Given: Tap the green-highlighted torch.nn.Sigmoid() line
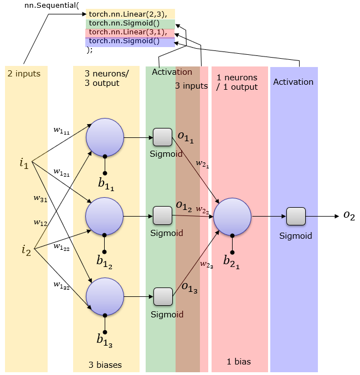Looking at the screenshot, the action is [124, 23].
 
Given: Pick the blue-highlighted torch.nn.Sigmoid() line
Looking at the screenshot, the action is [124, 41].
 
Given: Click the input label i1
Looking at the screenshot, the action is [24, 163].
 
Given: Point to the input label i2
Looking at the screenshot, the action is [27, 250].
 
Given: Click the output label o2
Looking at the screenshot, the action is [349, 215].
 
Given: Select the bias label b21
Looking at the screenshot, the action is [232, 262].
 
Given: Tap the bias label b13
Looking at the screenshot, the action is [105, 340].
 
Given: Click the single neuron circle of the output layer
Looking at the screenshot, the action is [232, 217].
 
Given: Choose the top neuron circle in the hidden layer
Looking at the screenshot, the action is [105, 137].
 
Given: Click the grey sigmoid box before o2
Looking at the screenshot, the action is [296, 217].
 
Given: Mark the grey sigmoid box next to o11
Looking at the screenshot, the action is [162, 137].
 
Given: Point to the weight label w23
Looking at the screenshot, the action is [207, 265].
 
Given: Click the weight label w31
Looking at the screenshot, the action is [40, 199].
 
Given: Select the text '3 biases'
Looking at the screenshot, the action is [105, 364].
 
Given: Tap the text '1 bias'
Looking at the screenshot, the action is [239, 361].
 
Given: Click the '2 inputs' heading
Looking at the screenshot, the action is [24, 74].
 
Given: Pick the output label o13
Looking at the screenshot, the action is [189, 287].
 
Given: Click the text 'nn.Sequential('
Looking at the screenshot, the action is [52, 5].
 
